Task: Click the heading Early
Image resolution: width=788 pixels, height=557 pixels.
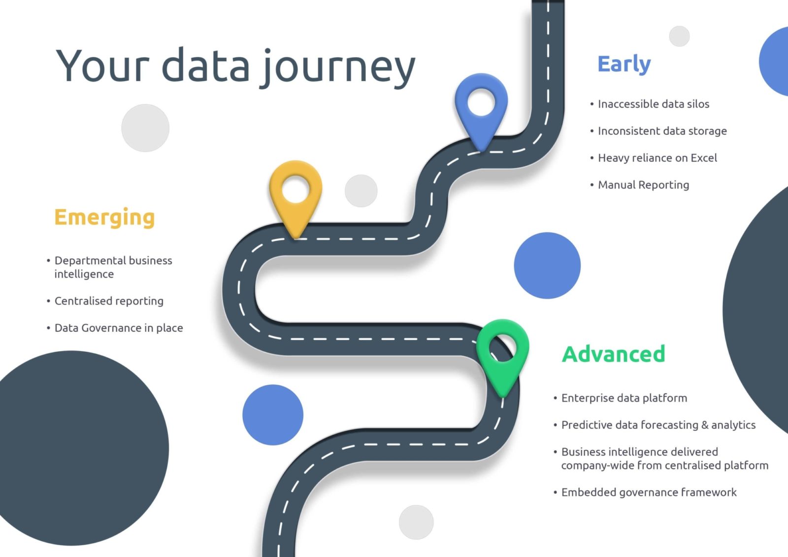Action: click(x=624, y=64)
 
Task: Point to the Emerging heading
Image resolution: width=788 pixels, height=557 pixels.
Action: click(x=104, y=217)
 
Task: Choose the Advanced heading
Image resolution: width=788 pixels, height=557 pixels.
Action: click(x=614, y=354)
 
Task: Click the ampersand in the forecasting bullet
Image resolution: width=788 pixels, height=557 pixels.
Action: click(x=705, y=425)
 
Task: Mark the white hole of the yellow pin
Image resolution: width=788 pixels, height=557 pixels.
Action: click(x=295, y=190)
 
